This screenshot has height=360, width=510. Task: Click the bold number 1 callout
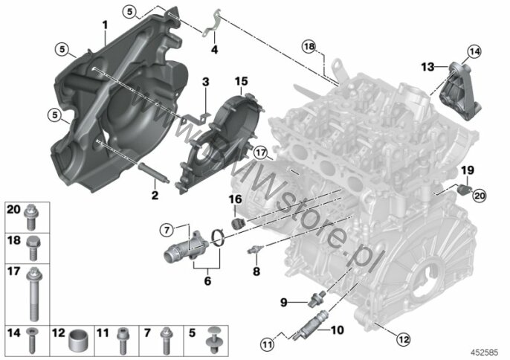105,25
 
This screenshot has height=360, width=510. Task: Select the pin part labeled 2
153,172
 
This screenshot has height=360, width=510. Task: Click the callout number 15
241,81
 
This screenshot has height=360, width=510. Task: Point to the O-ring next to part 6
219,238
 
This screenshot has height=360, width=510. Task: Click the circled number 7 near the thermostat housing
167,231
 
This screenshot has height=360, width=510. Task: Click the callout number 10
337,330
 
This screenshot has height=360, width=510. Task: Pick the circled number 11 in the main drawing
267,344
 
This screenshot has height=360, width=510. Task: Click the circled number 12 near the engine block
403,340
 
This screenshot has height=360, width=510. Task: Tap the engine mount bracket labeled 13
461,91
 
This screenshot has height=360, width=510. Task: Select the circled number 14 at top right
475,51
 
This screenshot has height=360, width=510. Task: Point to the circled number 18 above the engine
309,47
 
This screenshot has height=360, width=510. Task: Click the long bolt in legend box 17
34,295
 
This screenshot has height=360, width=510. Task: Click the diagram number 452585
485,353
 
